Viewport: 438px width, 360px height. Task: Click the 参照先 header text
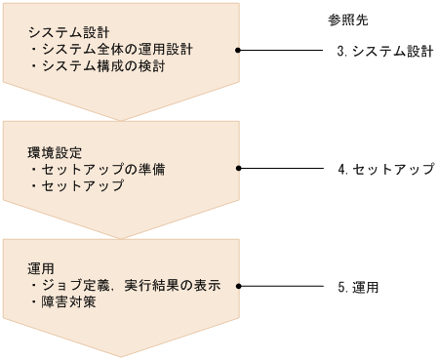(x=348, y=20)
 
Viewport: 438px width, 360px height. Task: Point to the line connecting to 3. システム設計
(x=283, y=50)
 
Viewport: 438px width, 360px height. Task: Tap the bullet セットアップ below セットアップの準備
(x=82, y=185)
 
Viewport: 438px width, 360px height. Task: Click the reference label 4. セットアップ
(x=384, y=169)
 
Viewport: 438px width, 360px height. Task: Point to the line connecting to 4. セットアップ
(x=283, y=169)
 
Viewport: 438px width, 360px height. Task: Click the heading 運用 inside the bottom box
(x=40, y=268)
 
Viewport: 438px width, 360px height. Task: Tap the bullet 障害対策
(x=67, y=302)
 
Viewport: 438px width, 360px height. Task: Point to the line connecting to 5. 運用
(x=283, y=287)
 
